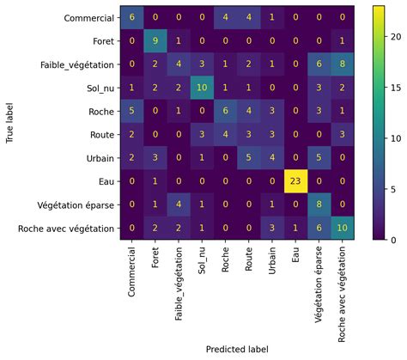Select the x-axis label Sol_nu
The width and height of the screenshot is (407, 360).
coord(202,262)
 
